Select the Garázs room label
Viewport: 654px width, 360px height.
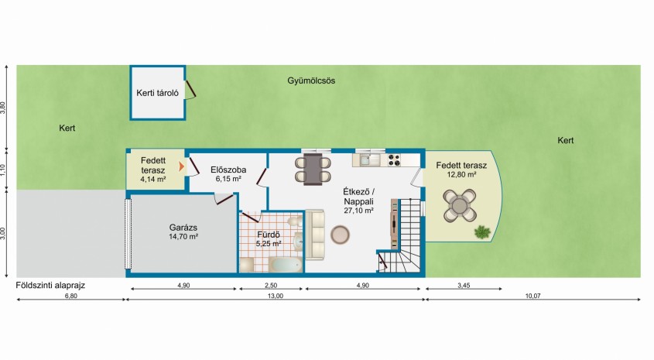(x=184, y=227)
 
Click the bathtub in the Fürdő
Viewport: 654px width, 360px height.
(x=283, y=266)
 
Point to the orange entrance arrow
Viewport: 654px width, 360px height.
(x=182, y=165)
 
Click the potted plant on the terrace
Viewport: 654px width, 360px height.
(x=482, y=231)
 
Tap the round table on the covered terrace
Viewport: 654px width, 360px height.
(x=460, y=206)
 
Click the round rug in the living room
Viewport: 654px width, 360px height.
(x=340, y=234)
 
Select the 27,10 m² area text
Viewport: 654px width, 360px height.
(x=358, y=210)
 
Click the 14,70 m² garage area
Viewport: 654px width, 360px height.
(x=184, y=236)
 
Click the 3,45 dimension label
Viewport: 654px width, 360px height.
(x=463, y=286)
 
